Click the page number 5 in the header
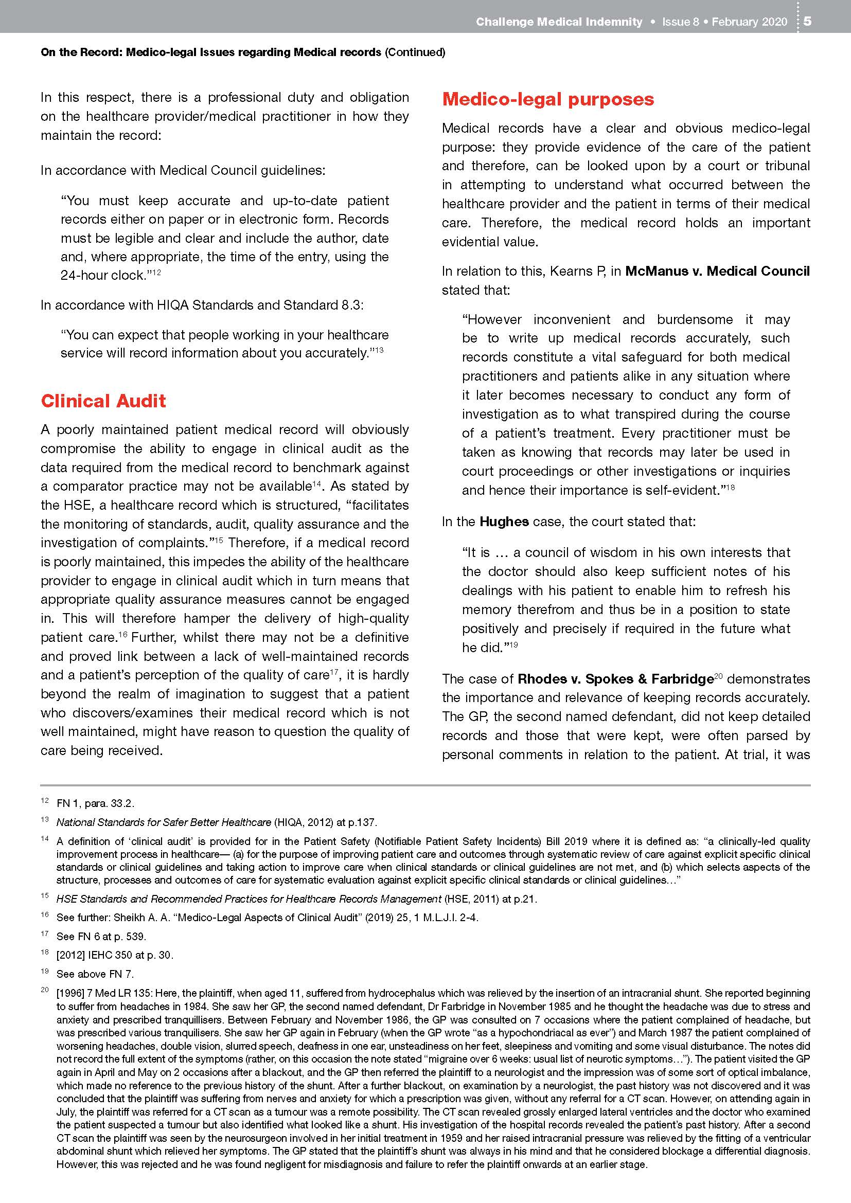[807, 22]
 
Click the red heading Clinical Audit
[103, 401]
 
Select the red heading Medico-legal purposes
[547, 99]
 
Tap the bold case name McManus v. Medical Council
[717, 271]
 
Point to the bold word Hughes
[504, 522]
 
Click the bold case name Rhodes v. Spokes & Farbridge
[615, 679]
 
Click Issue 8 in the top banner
[680, 22]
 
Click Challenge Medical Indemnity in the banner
[559, 22]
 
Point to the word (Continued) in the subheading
[415, 52]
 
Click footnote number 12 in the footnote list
[45, 801]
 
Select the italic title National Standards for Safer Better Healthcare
[164, 822]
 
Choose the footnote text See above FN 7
[95, 974]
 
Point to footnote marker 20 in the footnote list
[45, 990]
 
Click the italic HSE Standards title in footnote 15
[249, 899]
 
